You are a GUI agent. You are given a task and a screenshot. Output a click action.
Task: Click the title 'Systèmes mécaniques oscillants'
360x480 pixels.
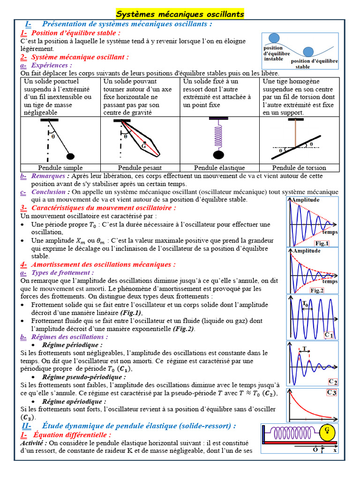pos(180,14)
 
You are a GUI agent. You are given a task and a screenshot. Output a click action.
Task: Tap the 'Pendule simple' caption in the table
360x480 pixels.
pos(60,167)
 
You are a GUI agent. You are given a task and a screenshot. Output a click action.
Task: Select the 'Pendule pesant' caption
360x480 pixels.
pos(140,167)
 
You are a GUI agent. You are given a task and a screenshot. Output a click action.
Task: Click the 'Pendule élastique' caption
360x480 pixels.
pos(219,167)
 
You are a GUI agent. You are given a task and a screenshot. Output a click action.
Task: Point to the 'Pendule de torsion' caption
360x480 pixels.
pos(299,167)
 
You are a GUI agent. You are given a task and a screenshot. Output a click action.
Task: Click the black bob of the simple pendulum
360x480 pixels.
pos(71,156)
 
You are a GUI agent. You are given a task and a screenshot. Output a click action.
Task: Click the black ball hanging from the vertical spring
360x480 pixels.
pos(218,154)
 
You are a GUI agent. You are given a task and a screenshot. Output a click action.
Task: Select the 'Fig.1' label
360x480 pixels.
pos(322,243)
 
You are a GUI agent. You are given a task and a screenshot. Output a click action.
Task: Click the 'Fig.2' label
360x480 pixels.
pos(317,291)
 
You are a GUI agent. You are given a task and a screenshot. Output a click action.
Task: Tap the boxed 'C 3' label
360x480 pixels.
pos(332,393)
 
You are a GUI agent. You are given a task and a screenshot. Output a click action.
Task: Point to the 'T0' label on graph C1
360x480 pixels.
pos(305,303)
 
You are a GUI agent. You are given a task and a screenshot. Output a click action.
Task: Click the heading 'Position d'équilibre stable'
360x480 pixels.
pos(75,33)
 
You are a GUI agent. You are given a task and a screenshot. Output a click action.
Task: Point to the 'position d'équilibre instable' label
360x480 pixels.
pos(274,53)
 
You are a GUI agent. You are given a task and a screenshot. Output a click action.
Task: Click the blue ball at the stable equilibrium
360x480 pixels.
pos(308,52)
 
